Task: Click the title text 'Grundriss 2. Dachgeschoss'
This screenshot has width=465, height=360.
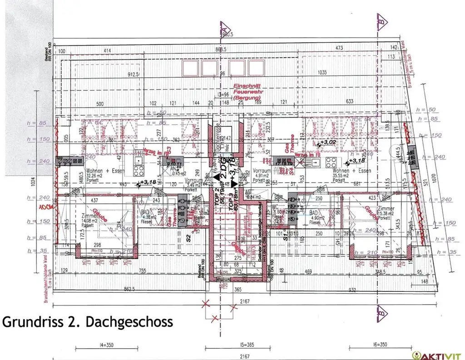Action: point(88,322)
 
